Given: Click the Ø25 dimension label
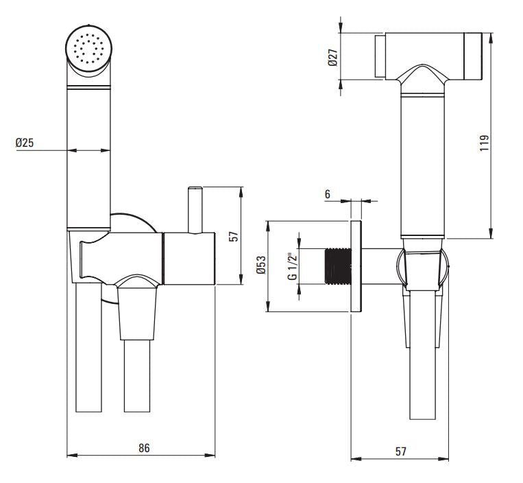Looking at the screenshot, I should click(26, 143).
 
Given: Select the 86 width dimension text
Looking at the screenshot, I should click(143, 448).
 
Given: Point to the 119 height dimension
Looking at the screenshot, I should click(484, 142).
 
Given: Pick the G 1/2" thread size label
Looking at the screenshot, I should click(292, 266).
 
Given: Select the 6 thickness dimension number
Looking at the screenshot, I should click(328, 195).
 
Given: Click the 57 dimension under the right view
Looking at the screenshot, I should click(401, 451).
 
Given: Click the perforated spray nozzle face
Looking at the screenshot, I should click(87, 48).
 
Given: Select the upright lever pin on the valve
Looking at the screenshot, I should click(195, 209).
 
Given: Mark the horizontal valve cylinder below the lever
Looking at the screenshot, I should click(188, 258).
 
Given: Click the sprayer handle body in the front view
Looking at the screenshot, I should click(88, 158).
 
